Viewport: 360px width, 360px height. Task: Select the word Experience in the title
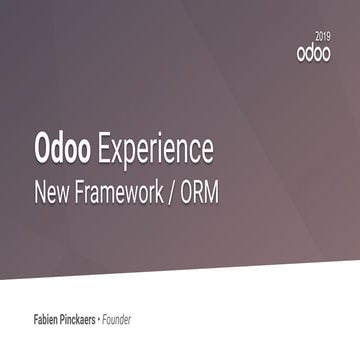(154, 149)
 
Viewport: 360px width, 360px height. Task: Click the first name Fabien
(49, 320)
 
